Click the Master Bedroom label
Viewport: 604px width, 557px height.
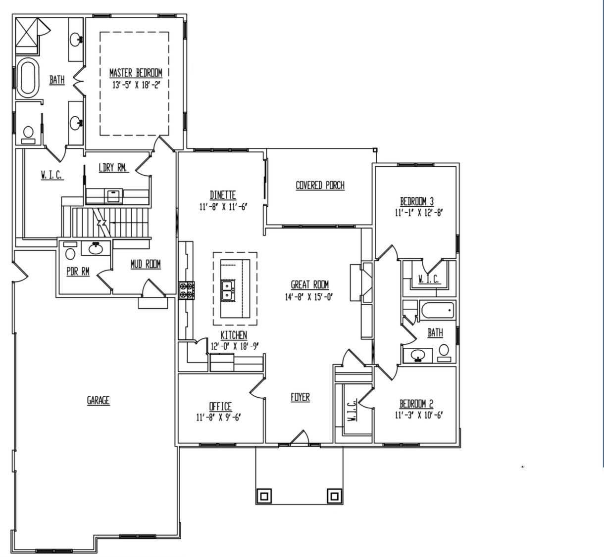click(x=136, y=73)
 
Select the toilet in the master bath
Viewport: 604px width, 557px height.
click(x=28, y=134)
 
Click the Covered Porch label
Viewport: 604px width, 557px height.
click(x=320, y=186)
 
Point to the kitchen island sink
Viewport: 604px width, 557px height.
click(x=228, y=290)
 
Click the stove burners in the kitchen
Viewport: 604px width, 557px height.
click(x=187, y=290)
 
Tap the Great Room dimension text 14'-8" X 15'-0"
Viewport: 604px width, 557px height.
click(x=310, y=296)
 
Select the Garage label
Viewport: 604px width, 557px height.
click(x=98, y=400)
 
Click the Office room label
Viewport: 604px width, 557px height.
click(x=220, y=406)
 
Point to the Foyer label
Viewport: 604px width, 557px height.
click(x=300, y=397)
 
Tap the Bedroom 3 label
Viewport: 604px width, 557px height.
click(x=417, y=201)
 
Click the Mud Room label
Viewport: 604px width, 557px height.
click(x=146, y=264)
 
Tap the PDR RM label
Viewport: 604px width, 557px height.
click(x=78, y=272)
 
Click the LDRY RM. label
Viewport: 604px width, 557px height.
click(x=113, y=168)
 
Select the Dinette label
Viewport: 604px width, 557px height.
click(x=223, y=195)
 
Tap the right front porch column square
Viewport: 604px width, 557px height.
click(x=334, y=495)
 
